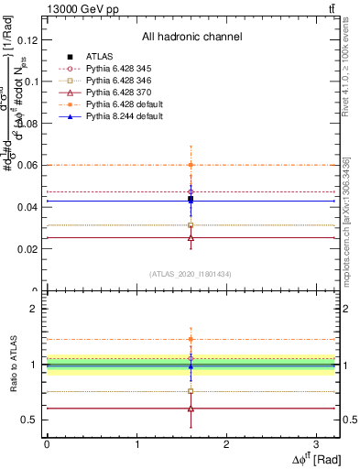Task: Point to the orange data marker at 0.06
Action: click(191, 165)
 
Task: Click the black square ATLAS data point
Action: click(191, 199)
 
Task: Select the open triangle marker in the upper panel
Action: click(191, 237)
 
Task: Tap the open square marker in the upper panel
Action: click(191, 225)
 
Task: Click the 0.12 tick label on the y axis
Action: click(27, 39)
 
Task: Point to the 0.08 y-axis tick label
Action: click(27, 124)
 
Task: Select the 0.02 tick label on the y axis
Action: click(27, 249)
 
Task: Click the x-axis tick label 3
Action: click(316, 444)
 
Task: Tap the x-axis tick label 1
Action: click(136, 444)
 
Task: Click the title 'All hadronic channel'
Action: click(191, 37)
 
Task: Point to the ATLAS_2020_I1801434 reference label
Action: click(191, 275)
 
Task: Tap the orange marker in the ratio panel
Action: click(191, 339)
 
